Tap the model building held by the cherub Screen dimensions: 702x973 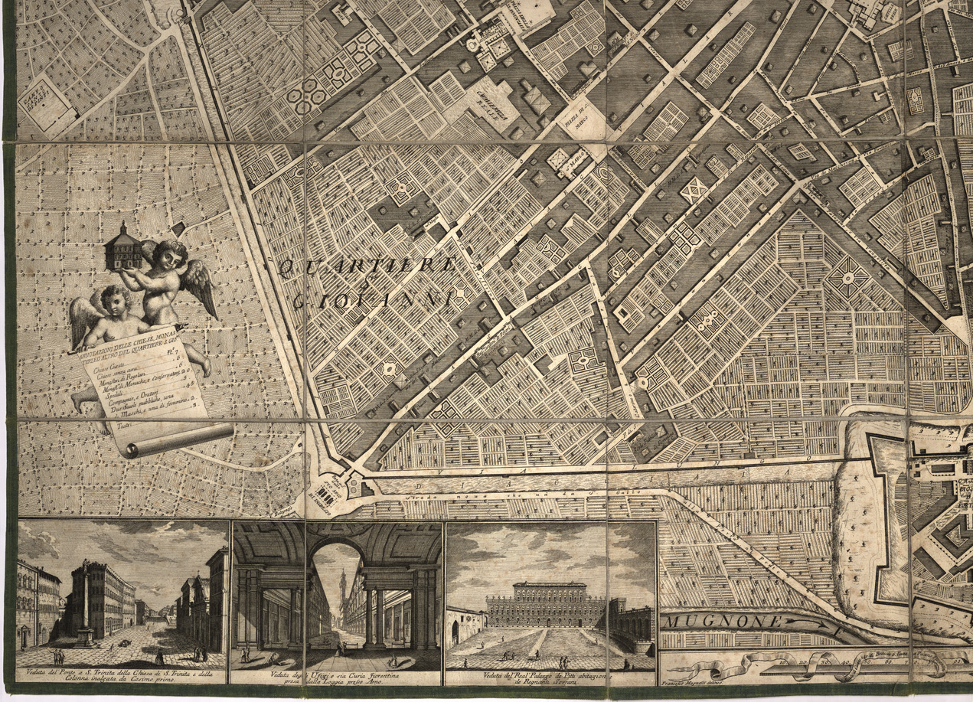(122, 247)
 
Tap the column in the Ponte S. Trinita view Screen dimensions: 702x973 (86, 596)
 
